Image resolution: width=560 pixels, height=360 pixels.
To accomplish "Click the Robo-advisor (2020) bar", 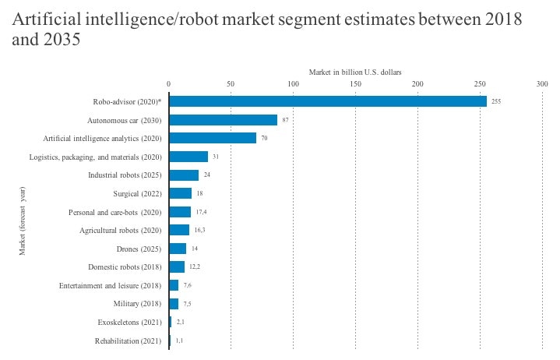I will click(x=327, y=101).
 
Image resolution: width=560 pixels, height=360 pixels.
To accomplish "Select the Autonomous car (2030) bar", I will click(x=223, y=120).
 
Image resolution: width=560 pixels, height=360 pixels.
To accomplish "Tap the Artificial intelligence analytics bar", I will click(x=213, y=138).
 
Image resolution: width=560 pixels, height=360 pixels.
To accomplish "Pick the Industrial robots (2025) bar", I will click(x=184, y=175).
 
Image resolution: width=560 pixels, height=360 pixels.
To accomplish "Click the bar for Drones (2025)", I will click(x=178, y=249).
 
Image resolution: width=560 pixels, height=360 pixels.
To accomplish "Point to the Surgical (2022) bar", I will click(x=180, y=193).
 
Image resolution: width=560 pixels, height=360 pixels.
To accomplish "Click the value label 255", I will click(x=496, y=101).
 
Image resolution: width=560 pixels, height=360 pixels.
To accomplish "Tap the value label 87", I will click(x=286, y=120).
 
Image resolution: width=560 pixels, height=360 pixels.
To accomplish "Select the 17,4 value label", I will click(x=201, y=212).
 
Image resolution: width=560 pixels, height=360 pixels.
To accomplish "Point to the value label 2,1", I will click(x=180, y=322).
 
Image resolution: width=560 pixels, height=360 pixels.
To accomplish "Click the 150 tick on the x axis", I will click(x=355, y=83).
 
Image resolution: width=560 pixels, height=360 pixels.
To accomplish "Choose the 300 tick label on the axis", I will click(x=542, y=83).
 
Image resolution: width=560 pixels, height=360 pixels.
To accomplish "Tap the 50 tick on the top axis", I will click(x=231, y=83).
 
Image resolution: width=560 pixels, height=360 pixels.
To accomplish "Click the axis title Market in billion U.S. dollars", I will click(x=355, y=72).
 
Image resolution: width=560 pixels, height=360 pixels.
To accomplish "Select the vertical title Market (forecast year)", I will click(x=23, y=221).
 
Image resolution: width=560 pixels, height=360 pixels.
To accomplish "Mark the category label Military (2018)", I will click(x=137, y=304).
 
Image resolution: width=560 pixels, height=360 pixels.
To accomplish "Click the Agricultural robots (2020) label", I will click(x=120, y=231).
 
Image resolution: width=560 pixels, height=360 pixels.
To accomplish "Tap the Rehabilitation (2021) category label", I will click(x=128, y=341).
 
